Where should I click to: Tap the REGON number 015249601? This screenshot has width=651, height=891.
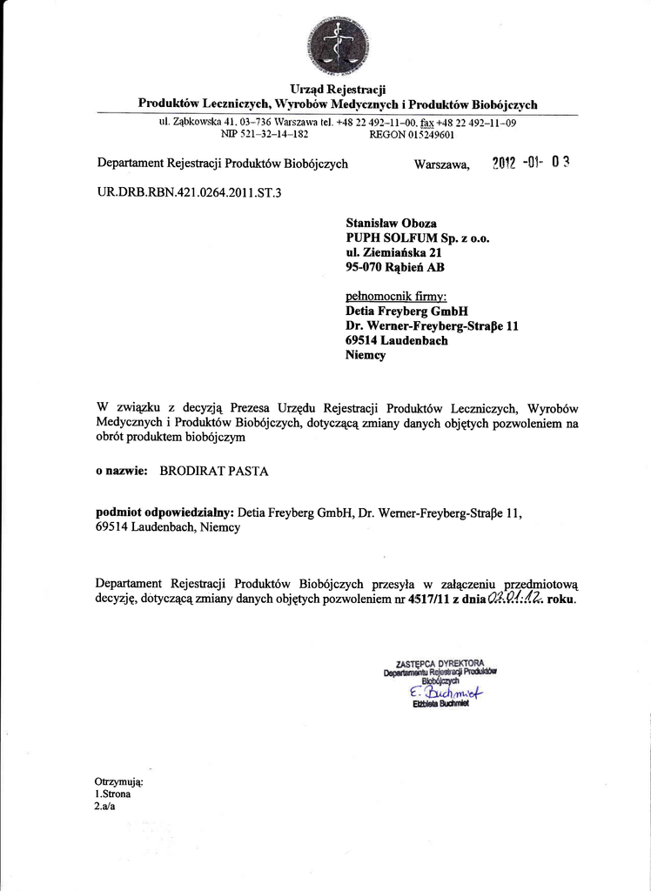pyautogui.click(x=412, y=136)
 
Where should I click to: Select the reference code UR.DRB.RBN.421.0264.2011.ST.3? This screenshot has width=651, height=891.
pyautogui.click(x=190, y=191)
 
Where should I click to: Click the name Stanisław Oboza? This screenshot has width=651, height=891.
pyautogui.click(x=392, y=223)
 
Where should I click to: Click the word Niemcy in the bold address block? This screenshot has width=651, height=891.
pyautogui.click(x=366, y=355)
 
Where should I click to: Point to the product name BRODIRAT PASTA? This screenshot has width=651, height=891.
pyautogui.click(x=214, y=472)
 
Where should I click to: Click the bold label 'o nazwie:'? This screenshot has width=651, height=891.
pyautogui.click(x=122, y=472)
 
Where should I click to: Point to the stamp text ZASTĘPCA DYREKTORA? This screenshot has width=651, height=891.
pyautogui.click(x=440, y=663)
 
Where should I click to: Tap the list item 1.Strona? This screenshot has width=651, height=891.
pyautogui.click(x=112, y=794)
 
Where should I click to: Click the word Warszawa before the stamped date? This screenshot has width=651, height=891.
pyautogui.click(x=441, y=164)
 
